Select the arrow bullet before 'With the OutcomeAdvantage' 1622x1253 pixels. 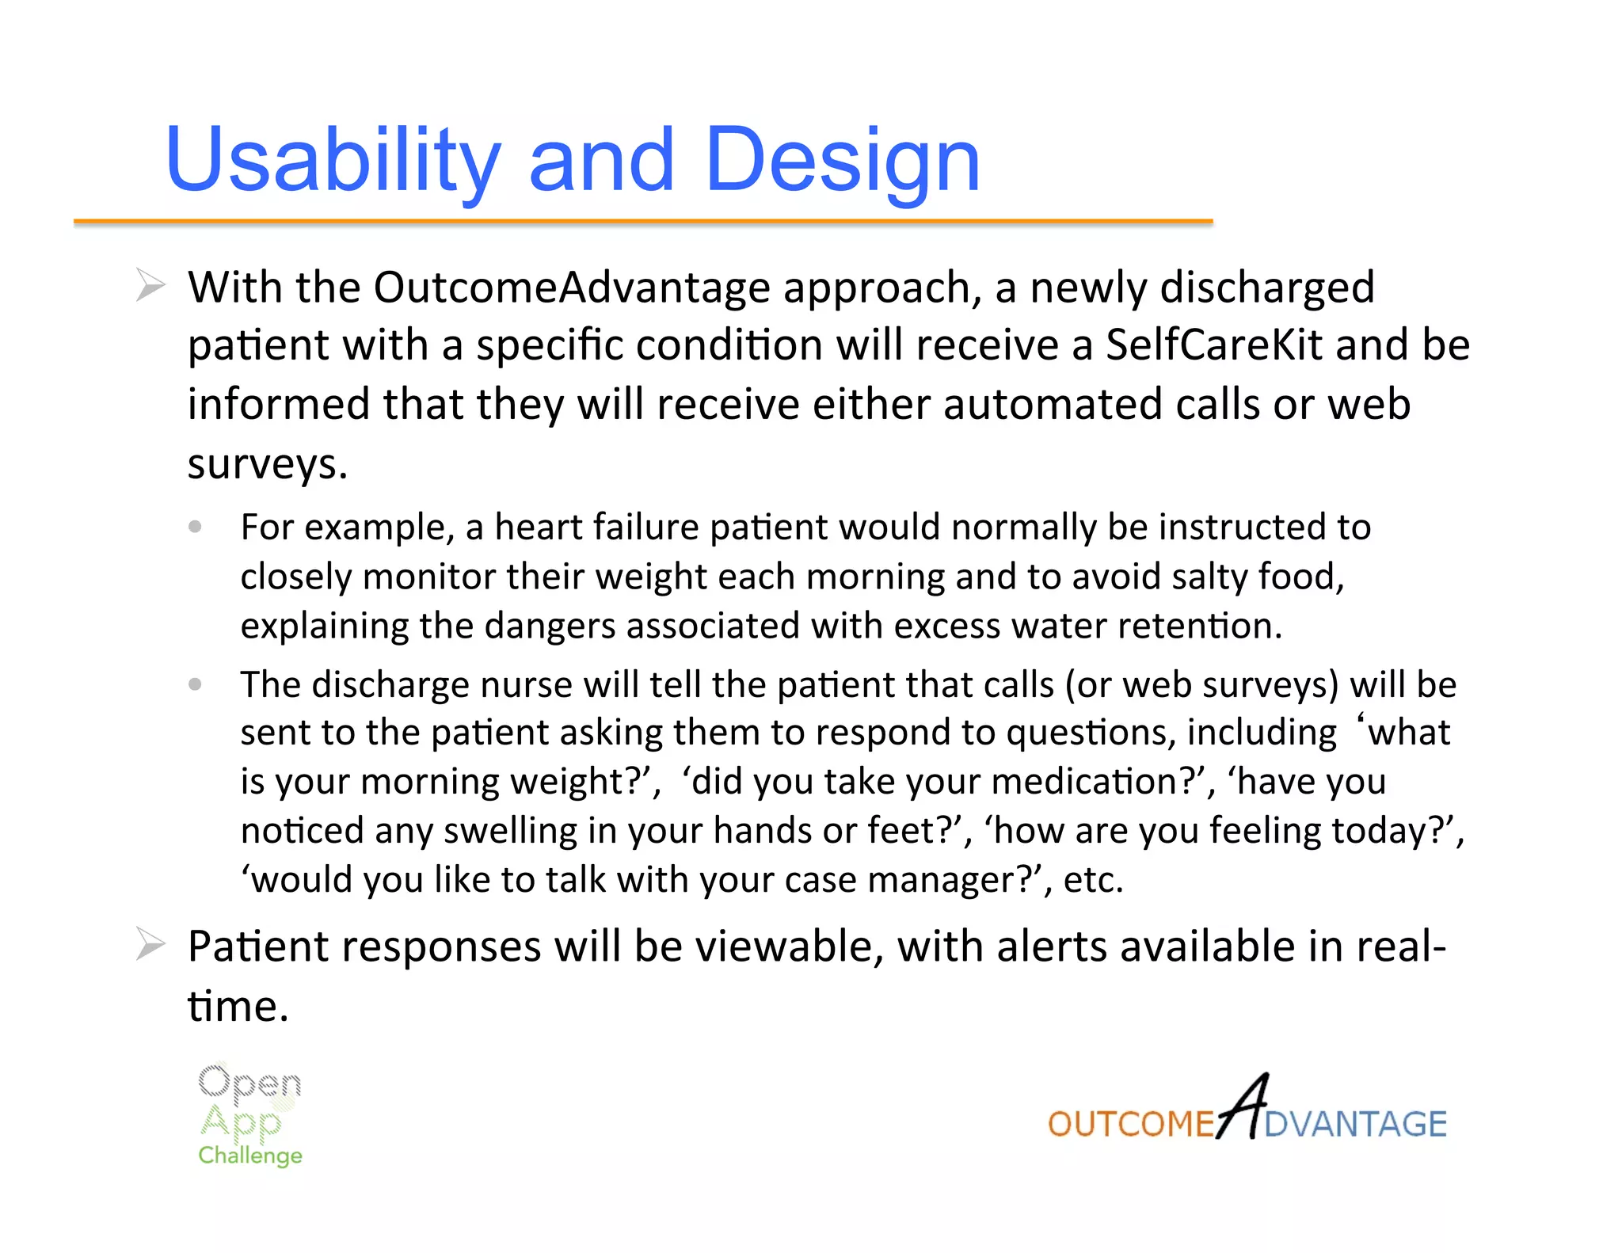tap(150, 285)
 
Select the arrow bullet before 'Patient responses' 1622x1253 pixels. tap(150, 944)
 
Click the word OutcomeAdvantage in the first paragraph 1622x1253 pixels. tap(571, 287)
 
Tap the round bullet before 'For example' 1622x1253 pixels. tap(196, 527)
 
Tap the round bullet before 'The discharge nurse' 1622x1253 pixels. tap(196, 684)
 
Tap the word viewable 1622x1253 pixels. tap(784, 946)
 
